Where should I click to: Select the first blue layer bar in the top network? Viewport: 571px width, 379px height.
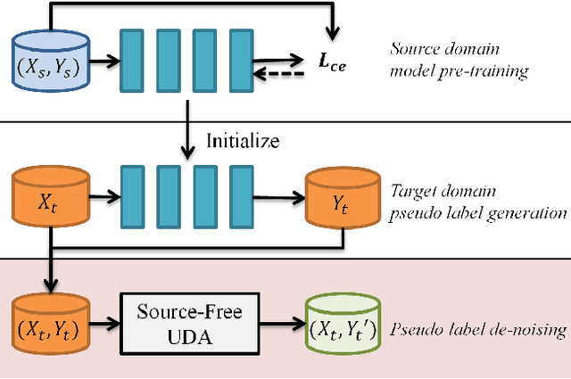point(131,61)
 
